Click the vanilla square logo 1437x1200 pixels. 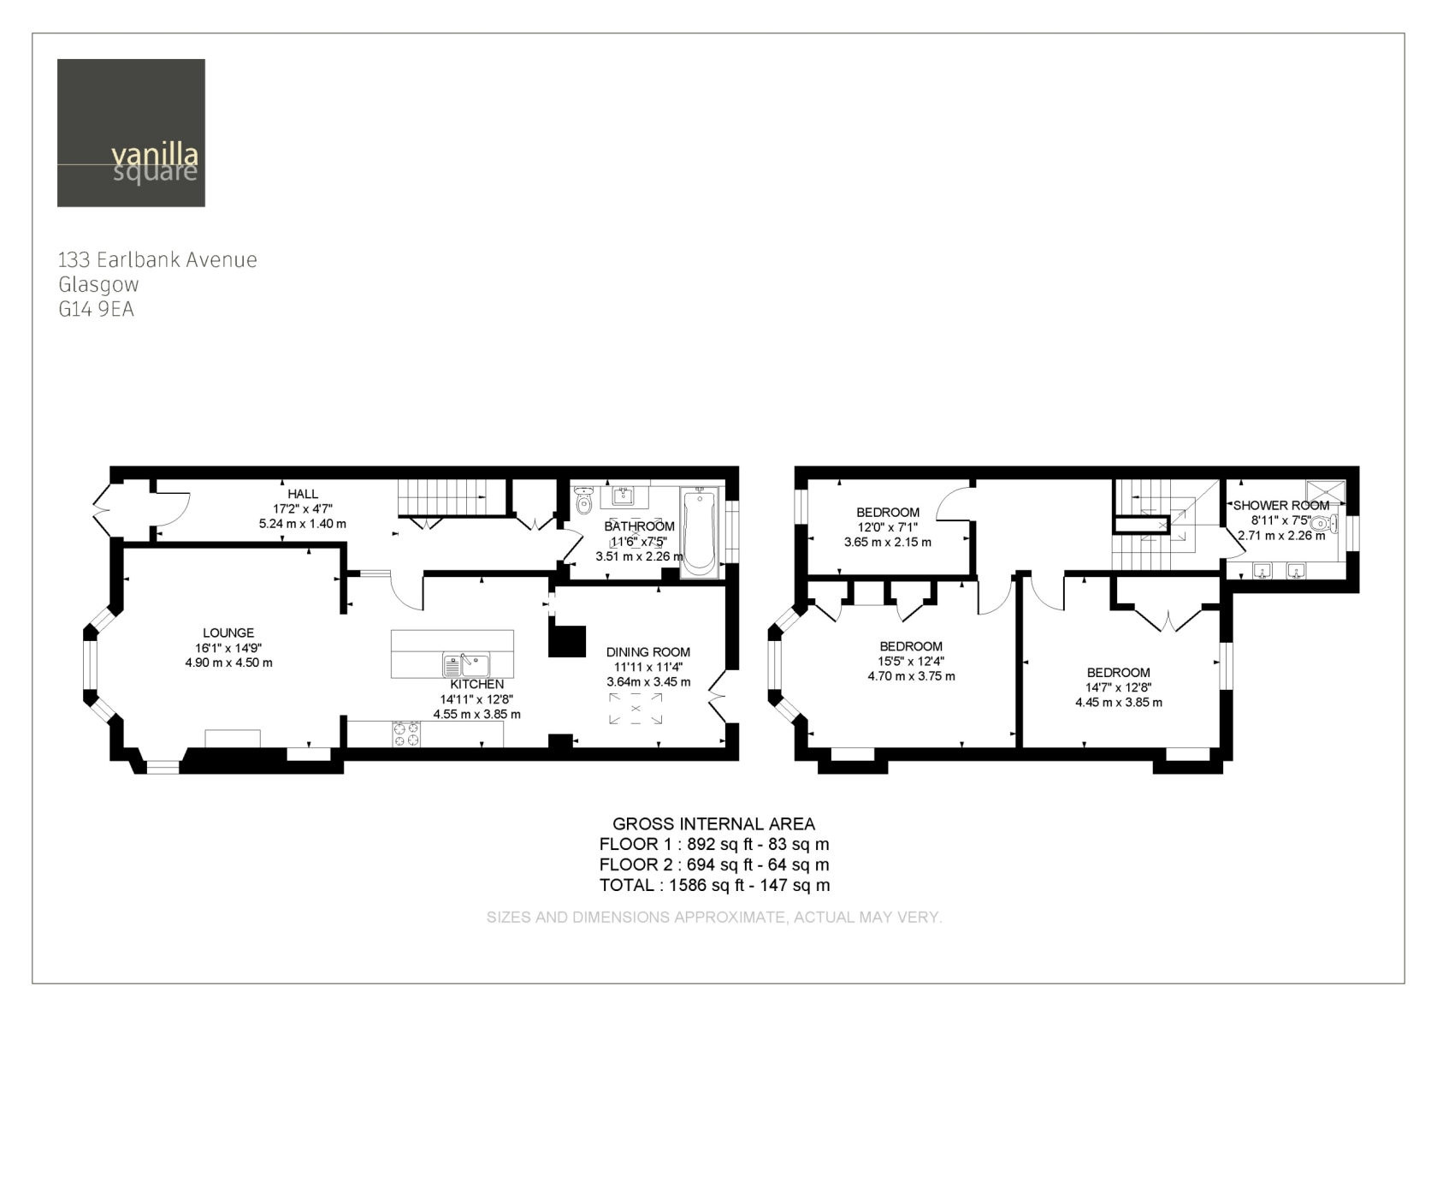point(131,133)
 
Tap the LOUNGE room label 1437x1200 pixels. point(228,633)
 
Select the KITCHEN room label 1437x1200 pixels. point(477,685)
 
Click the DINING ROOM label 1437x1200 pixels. point(648,652)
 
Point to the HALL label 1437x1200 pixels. point(303,494)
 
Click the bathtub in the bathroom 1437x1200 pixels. point(699,531)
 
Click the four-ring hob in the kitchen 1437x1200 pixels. point(407,734)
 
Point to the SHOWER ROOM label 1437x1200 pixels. point(1281,506)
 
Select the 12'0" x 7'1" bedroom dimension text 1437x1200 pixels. point(888,527)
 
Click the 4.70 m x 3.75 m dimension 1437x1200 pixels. point(912,676)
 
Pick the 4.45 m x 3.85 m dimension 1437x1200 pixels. point(1119,703)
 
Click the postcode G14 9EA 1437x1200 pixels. point(96,309)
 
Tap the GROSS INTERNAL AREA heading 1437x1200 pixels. point(714,824)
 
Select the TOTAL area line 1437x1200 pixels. point(714,886)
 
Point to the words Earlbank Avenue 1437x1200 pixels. point(177,259)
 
